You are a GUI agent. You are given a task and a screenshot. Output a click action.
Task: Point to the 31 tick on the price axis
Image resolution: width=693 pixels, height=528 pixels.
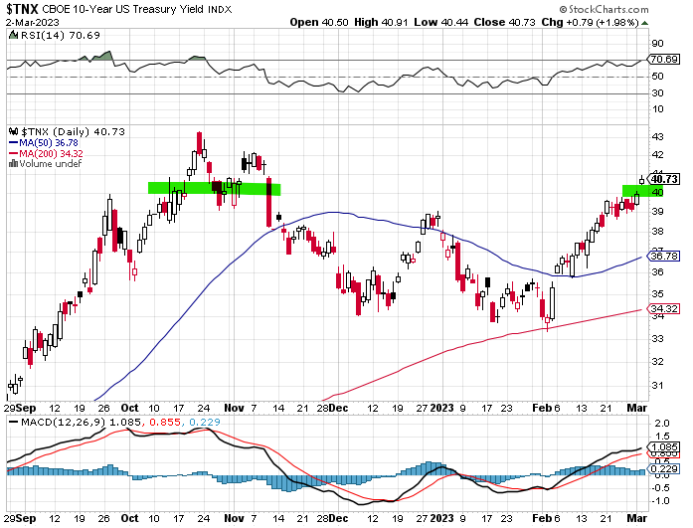[657, 385]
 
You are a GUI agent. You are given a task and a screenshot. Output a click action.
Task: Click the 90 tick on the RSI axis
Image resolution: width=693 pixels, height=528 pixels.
[657, 44]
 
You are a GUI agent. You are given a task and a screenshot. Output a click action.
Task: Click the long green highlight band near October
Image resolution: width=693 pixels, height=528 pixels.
[214, 187]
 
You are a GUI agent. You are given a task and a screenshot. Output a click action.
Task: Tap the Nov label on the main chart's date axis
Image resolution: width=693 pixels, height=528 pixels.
[233, 408]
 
